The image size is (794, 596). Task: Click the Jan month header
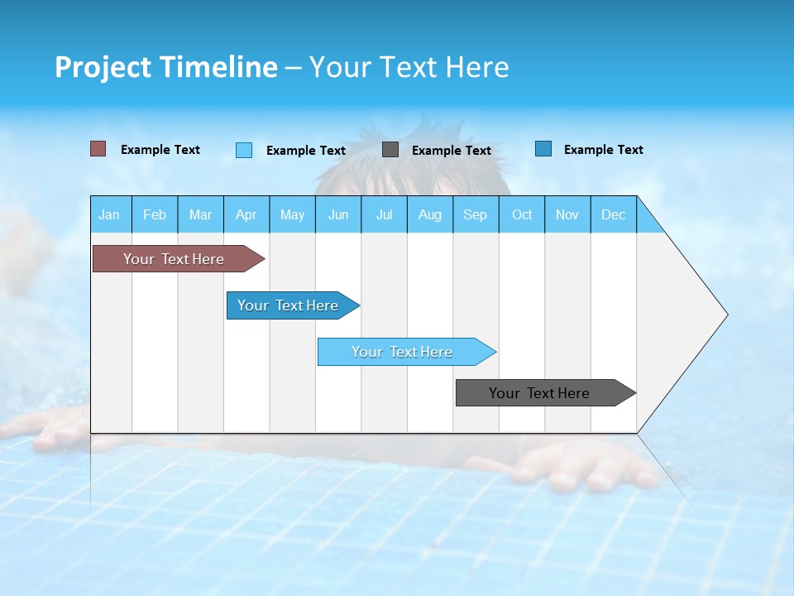coord(109,214)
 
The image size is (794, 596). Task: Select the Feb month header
coord(155,214)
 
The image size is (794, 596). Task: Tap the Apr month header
coord(246,214)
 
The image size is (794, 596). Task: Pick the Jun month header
coord(338,214)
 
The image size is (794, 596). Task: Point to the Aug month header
coord(429,214)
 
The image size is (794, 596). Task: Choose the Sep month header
coord(475,214)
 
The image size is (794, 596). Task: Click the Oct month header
coord(522,214)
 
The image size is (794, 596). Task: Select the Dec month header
coord(613,214)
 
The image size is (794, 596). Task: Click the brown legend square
coord(98,149)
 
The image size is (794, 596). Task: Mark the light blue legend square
coord(244,150)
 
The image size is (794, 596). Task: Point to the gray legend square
coord(390,150)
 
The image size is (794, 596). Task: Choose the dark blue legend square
coord(543,149)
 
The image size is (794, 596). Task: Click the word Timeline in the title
coord(218,67)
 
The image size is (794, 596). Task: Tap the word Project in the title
coord(103,67)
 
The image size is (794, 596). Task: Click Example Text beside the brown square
coord(160,150)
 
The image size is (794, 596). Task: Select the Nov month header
coord(567,214)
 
